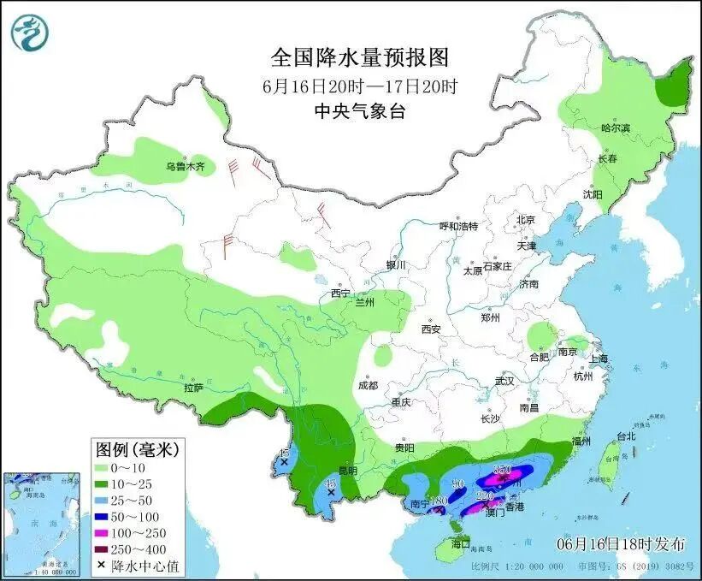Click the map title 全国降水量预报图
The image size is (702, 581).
tap(360, 57)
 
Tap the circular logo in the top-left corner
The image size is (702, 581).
tap(30, 32)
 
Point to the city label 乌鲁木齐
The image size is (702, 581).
tap(186, 167)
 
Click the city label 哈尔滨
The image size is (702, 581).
tap(615, 127)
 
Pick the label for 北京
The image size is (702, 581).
tap(525, 220)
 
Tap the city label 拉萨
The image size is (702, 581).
tap(193, 387)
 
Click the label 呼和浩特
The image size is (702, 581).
tap(458, 226)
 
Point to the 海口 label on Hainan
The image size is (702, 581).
tap(462, 543)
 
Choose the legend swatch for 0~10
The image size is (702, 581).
tap(105, 468)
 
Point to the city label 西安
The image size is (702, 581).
tap(430, 329)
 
